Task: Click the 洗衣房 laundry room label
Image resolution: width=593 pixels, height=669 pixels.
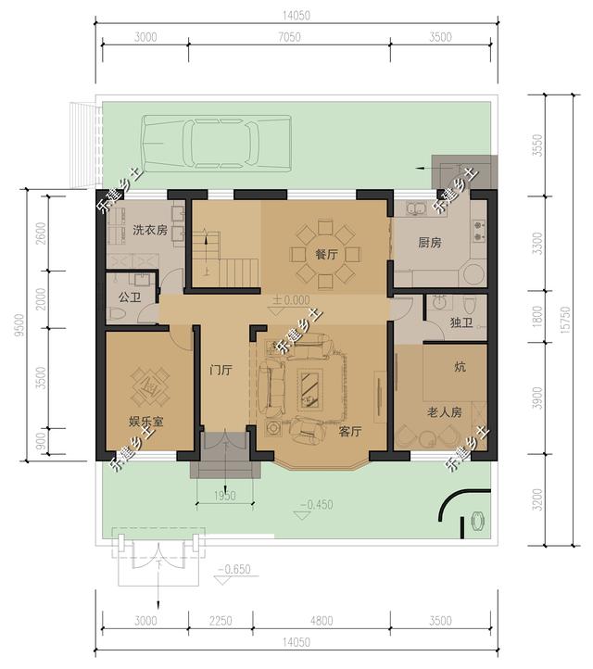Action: [x=150, y=231]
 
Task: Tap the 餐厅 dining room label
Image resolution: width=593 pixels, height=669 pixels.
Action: [x=326, y=255]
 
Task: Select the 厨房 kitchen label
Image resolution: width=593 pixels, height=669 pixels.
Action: [x=430, y=243]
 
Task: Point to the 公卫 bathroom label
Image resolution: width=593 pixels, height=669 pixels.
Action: [x=130, y=297]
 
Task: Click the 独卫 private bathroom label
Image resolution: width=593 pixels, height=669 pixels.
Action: [x=461, y=322]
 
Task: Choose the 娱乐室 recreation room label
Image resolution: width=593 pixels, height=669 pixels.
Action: [x=146, y=422]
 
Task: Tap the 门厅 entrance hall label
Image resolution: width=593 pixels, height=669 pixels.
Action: [x=221, y=370]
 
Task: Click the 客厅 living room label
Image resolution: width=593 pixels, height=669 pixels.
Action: [x=350, y=432]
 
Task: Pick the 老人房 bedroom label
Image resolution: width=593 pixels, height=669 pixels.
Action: [x=445, y=412]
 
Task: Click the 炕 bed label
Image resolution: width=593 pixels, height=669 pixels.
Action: [x=460, y=367]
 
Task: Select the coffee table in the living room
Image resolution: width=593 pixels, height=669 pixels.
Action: [x=310, y=389]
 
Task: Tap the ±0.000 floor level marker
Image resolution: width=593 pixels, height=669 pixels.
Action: [x=291, y=300]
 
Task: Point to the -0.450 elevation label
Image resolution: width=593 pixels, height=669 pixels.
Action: [x=317, y=505]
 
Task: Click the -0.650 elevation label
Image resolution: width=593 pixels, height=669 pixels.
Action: [x=234, y=570]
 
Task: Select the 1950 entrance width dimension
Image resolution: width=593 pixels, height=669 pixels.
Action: [x=225, y=496]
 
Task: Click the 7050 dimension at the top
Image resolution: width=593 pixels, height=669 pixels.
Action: [x=289, y=37]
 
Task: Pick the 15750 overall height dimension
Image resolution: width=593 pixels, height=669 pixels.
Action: [x=566, y=320]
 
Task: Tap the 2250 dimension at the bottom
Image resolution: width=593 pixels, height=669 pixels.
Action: [x=221, y=621]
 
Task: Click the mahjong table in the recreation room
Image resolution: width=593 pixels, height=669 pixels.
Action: [x=150, y=387]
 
